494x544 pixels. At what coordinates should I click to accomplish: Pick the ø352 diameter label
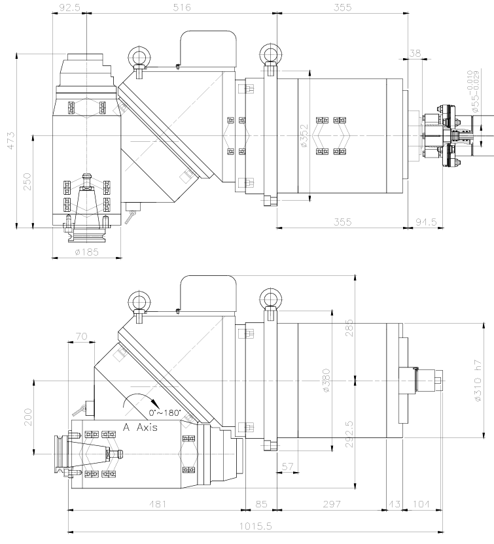pos(304,136)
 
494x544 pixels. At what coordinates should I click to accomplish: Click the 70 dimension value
pos(81,337)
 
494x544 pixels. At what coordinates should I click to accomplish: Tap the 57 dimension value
pos(287,466)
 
